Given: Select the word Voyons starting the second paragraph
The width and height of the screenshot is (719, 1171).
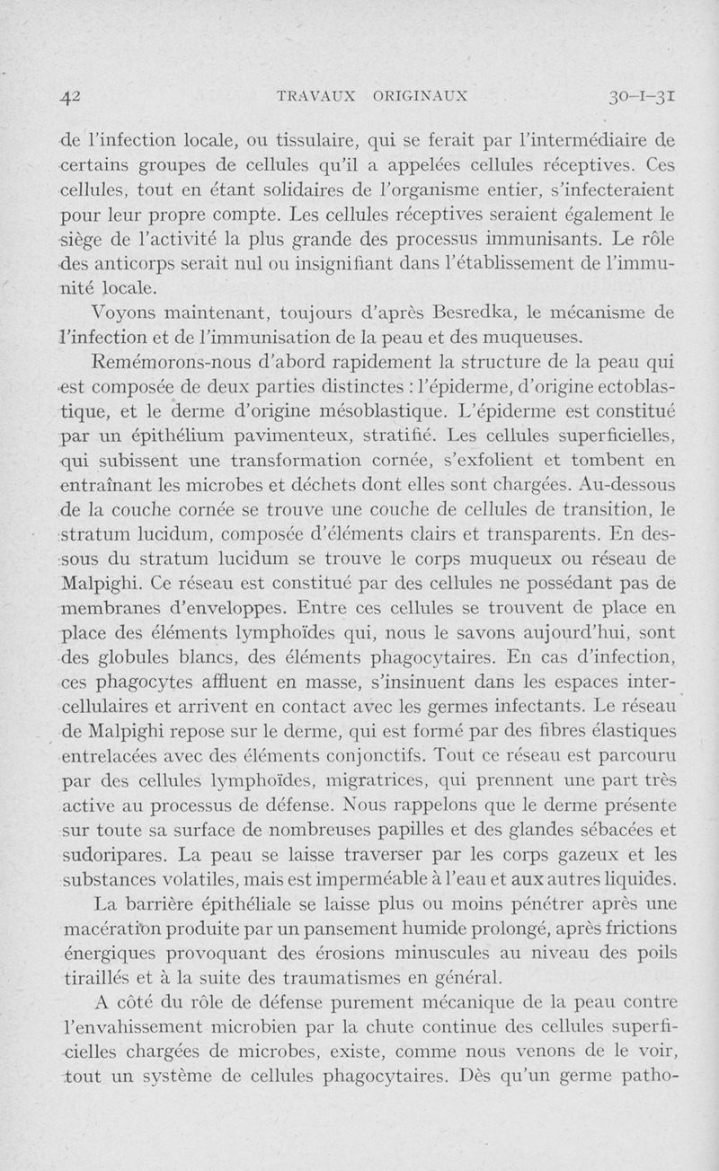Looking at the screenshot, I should point(121,313).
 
